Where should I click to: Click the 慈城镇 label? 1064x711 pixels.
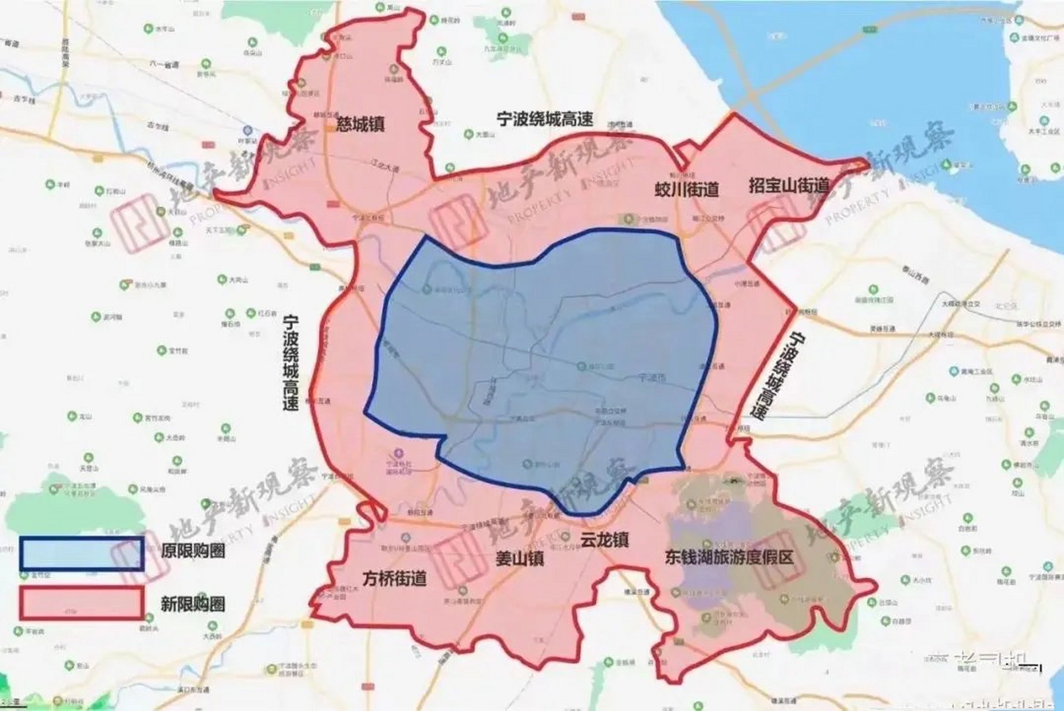[360, 123]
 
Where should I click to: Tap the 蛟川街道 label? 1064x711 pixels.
[686, 190]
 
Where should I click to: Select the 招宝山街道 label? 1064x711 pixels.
[788, 186]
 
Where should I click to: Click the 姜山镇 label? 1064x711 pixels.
[519, 558]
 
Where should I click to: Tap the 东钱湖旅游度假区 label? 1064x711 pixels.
[729, 558]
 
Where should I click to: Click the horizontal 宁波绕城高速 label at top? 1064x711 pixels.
[545, 119]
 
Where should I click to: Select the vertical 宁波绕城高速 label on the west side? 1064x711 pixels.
[290, 362]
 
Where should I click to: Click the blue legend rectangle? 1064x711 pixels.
[82, 553]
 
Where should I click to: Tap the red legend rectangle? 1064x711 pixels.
[82, 603]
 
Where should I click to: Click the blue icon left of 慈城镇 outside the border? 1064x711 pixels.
[248, 129]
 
